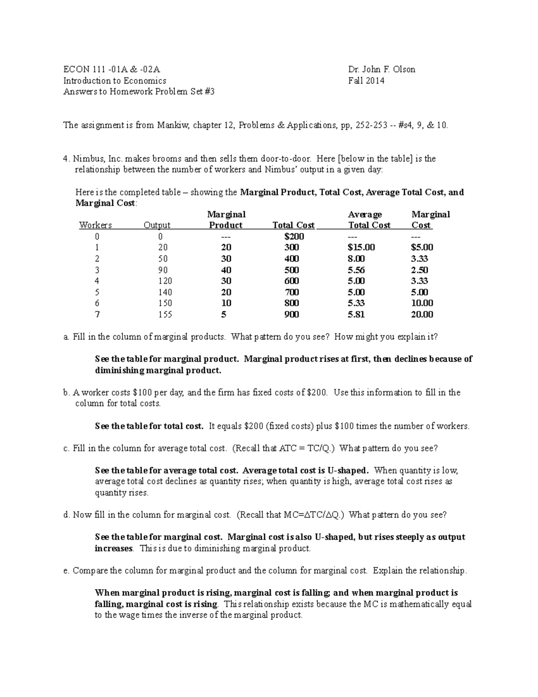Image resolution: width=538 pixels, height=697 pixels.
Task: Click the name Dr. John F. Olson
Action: (382, 69)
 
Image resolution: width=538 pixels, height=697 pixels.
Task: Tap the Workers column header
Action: (95, 225)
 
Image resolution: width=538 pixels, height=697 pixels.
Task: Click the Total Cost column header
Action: (293, 225)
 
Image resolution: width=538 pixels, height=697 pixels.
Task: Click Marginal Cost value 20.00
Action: (422, 315)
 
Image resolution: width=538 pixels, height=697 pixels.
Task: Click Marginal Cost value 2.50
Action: (419, 270)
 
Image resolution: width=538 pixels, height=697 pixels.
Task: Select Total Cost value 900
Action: (292, 315)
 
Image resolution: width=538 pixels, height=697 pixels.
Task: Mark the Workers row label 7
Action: (97, 315)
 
